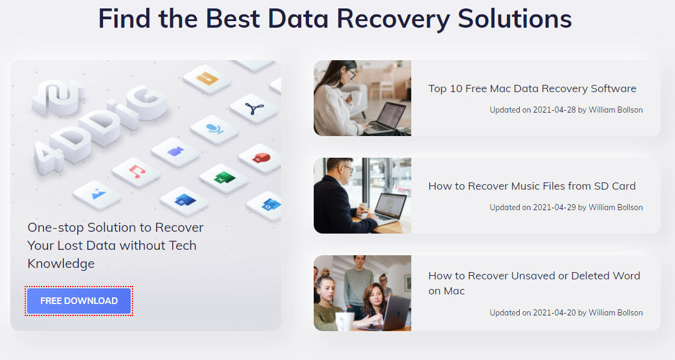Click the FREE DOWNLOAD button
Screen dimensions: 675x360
pos(79,300)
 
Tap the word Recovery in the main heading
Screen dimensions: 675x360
pos(393,20)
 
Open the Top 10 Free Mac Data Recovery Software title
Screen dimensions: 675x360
pos(532,88)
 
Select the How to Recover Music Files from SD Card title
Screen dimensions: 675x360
pos(532,186)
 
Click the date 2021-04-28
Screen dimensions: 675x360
pos(554,110)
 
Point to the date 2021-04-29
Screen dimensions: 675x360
pos(554,207)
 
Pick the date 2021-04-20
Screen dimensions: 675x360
pos(554,312)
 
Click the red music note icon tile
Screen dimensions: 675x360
pos(137,172)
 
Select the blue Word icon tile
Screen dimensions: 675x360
pos(184,201)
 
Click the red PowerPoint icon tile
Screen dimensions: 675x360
pos(261,158)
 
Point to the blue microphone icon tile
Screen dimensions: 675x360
pos(214,129)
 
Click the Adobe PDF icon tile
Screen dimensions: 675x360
pos(254,108)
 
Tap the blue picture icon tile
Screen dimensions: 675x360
pos(98,194)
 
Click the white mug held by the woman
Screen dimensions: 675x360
pos(356,98)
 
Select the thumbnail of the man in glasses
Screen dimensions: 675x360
pos(362,196)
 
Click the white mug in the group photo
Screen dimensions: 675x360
pos(344,321)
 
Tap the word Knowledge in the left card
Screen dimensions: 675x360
pos(61,264)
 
